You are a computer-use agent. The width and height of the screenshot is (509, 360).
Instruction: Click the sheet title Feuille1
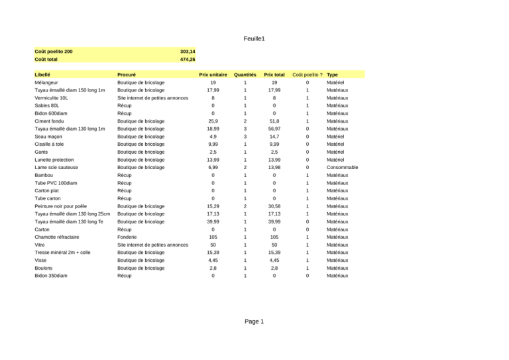[x=254, y=39]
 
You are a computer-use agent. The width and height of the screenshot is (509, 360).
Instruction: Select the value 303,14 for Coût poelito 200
[x=188, y=51]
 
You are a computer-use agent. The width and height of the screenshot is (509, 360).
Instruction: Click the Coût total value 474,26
[x=188, y=60]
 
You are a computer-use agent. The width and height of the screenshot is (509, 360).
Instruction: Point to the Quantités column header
[x=245, y=75]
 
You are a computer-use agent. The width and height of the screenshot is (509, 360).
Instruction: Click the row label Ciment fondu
[x=50, y=122]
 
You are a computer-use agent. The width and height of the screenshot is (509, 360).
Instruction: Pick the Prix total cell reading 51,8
[x=274, y=122]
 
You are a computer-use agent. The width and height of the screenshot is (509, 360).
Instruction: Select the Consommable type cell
[x=343, y=168]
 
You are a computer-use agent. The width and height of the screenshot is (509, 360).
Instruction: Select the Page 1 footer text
[x=254, y=322]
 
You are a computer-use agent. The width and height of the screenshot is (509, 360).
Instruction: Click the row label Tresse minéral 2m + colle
[x=66, y=252]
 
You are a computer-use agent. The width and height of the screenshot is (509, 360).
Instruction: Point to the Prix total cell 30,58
[x=274, y=206]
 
